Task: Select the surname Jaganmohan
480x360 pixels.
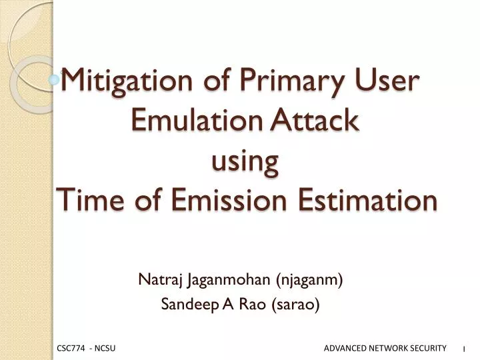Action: pos(221,280)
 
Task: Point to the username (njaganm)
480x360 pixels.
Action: pos(308,280)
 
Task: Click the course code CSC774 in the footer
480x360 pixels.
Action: pos(71,349)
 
